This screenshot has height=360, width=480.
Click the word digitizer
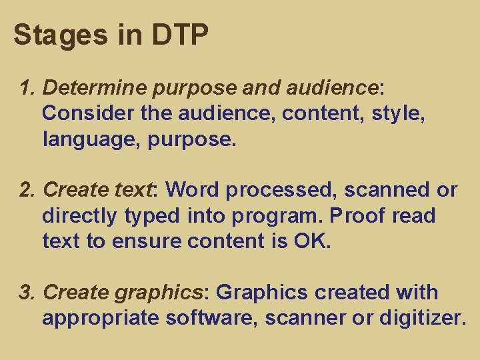[x=421, y=319]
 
